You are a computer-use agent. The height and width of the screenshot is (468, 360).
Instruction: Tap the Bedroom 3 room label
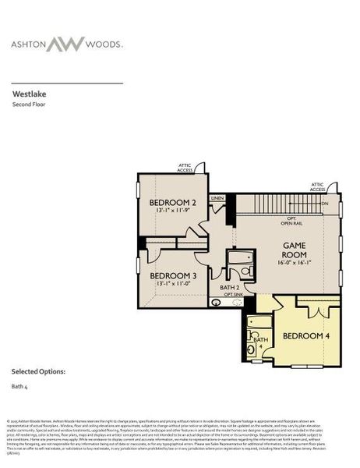tap(172, 275)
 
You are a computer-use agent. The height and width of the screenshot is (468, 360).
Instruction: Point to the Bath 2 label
tap(229, 288)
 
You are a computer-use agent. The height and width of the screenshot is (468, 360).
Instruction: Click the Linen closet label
tap(217, 198)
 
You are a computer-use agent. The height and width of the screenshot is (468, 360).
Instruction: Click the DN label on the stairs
tap(324, 204)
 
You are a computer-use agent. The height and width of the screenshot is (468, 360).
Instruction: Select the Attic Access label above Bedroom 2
tap(184, 167)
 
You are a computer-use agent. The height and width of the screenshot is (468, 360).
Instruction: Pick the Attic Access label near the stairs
tap(317, 187)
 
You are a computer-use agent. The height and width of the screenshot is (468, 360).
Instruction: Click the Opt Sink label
tap(235, 295)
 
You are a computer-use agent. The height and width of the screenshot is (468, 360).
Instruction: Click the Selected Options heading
tap(38, 370)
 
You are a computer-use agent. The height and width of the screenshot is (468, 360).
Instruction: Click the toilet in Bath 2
tap(245, 271)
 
